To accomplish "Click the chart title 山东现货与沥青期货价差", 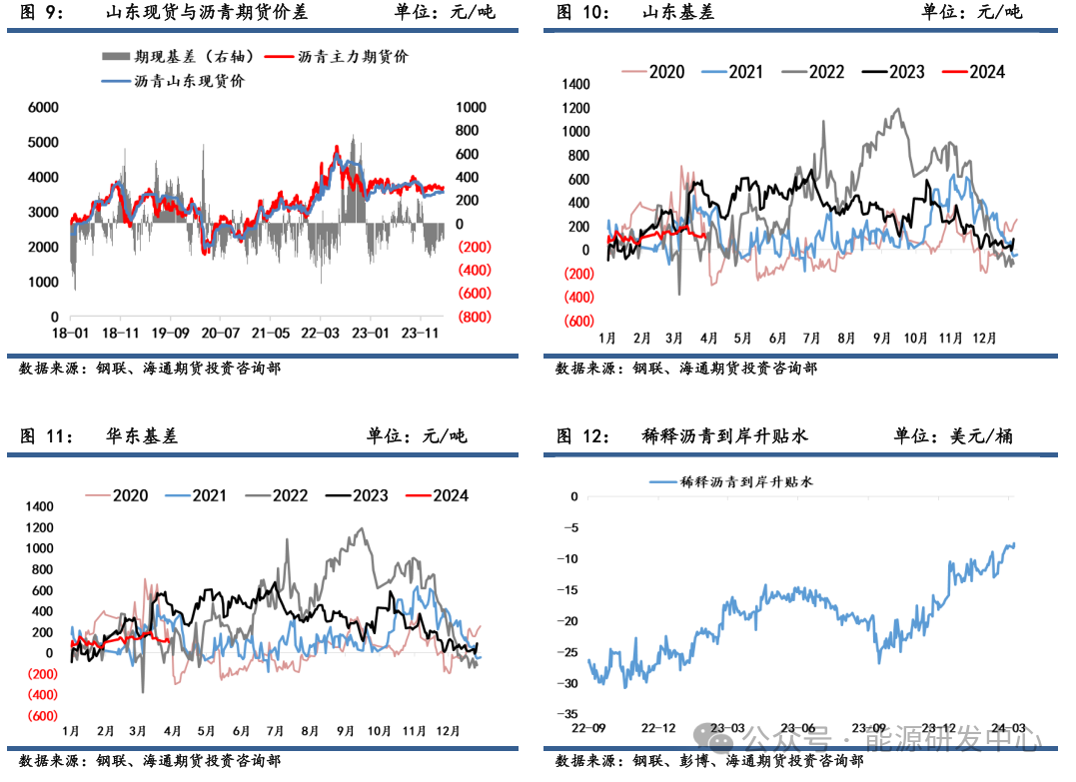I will coord(207,13).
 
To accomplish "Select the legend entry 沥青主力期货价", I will coord(354,57).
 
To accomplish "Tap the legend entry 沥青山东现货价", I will coord(189,81).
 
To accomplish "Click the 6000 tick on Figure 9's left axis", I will coord(43,107).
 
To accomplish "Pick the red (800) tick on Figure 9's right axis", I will coord(475,317).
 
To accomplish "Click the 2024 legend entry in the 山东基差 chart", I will coord(986,72).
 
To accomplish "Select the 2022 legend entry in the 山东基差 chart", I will coord(826,72).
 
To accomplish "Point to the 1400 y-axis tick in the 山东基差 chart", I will coord(577,84).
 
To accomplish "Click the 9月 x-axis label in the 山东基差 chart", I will coord(881,339).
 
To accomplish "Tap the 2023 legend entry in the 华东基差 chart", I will coord(371,495).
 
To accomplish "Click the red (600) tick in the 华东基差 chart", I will coord(41,716).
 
